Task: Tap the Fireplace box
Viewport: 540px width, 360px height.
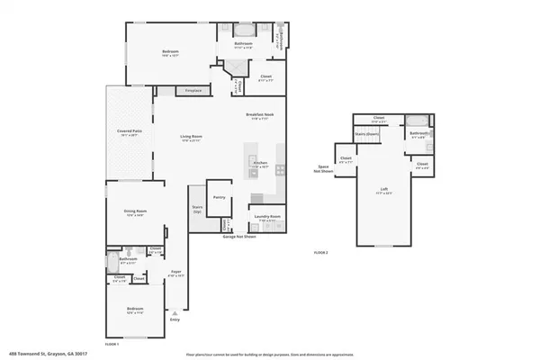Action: [192, 91]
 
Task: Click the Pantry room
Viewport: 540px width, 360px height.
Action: [218, 198]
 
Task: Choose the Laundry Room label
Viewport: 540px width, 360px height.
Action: [264, 217]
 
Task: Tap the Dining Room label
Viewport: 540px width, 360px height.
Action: [135, 212]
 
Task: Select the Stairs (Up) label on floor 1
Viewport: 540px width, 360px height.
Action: [197, 210]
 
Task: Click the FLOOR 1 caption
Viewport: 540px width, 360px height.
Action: [112, 344]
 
